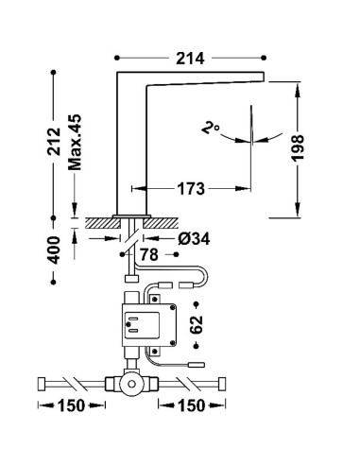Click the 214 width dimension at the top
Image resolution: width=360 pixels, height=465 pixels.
[190, 59]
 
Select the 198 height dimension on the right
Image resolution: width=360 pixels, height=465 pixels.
[298, 148]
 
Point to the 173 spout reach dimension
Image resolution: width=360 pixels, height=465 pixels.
[191, 189]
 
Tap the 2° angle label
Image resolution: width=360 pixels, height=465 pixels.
[210, 129]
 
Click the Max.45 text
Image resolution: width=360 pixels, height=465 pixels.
[75, 142]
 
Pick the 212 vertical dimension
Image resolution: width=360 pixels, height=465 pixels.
[54, 141]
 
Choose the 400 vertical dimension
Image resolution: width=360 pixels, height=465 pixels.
[54, 250]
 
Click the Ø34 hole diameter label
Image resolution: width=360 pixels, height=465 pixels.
[194, 239]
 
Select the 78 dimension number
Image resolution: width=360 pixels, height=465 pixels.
[149, 254]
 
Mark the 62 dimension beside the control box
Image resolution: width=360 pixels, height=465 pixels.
[197, 324]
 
